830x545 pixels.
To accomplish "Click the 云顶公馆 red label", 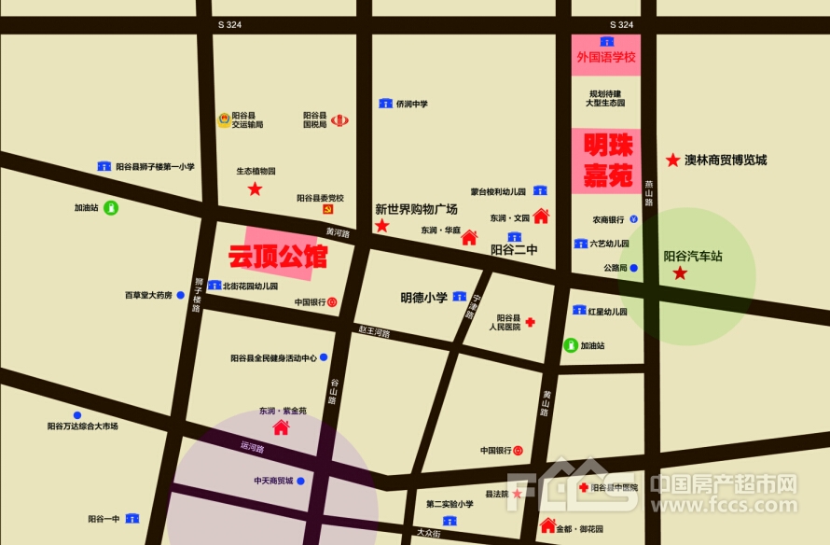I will pos(278,254).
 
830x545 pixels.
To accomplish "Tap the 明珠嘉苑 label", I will pos(608,160).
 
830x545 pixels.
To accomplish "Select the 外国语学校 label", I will pos(606,58).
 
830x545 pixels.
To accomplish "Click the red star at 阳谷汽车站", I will pos(681,273).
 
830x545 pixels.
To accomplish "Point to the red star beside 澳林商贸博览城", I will pos(672,161).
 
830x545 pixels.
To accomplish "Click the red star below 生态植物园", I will pos(255,189).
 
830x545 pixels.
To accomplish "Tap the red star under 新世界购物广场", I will pos(381,226).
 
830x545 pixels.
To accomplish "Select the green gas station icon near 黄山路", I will pos(570,345).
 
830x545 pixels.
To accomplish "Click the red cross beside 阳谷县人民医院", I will pos(530,322).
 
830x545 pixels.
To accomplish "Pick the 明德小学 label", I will pos(424,298).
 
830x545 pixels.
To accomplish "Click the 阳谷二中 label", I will pos(514,250).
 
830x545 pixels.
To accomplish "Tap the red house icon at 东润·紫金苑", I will pos(280,427).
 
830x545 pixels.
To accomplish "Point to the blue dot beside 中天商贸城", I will pos(300,482).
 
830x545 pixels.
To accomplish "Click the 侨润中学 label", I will pos(411,104).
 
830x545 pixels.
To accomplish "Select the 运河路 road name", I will pos(252,449).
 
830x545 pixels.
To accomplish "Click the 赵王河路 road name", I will pos(374,332).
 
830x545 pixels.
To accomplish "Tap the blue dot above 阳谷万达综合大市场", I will pos(77,415).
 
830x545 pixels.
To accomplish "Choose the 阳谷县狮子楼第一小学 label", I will pos(155,166).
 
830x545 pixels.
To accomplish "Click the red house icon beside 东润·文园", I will pos(540,217).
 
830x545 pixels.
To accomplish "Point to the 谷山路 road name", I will pos(334,390).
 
